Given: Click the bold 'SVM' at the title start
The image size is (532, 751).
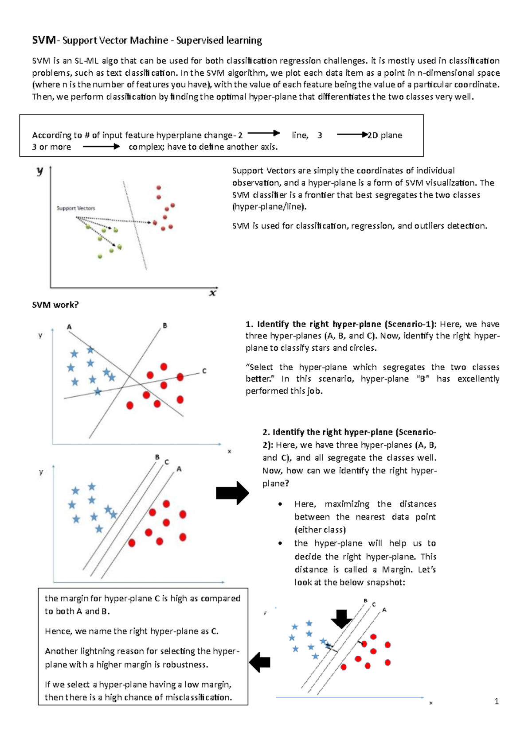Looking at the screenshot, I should click(x=43, y=41).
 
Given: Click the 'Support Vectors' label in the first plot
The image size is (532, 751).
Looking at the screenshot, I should click(x=76, y=208).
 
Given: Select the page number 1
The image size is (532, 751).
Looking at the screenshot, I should click(x=497, y=701).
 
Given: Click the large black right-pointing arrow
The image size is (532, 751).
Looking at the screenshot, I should click(x=232, y=493).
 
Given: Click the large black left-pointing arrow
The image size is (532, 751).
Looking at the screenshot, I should click(x=260, y=662).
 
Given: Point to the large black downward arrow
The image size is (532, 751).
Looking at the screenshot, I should click(x=341, y=619).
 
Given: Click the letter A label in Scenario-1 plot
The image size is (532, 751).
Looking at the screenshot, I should click(x=69, y=327).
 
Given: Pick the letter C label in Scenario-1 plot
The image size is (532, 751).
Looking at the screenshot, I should click(x=204, y=371).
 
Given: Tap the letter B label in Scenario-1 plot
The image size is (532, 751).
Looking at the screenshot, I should click(x=165, y=325).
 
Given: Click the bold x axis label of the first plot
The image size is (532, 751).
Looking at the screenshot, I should click(x=213, y=293).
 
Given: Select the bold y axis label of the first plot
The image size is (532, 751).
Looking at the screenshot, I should click(x=40, y=171).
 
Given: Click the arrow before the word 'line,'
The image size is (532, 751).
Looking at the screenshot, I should click(x=263, y=133).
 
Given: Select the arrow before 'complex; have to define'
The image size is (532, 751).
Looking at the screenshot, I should click(x=101, y=147).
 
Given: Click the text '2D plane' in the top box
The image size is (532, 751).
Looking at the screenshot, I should click(x=385, y=135).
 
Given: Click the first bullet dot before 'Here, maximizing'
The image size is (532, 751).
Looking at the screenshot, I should click(x=280, y=504).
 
